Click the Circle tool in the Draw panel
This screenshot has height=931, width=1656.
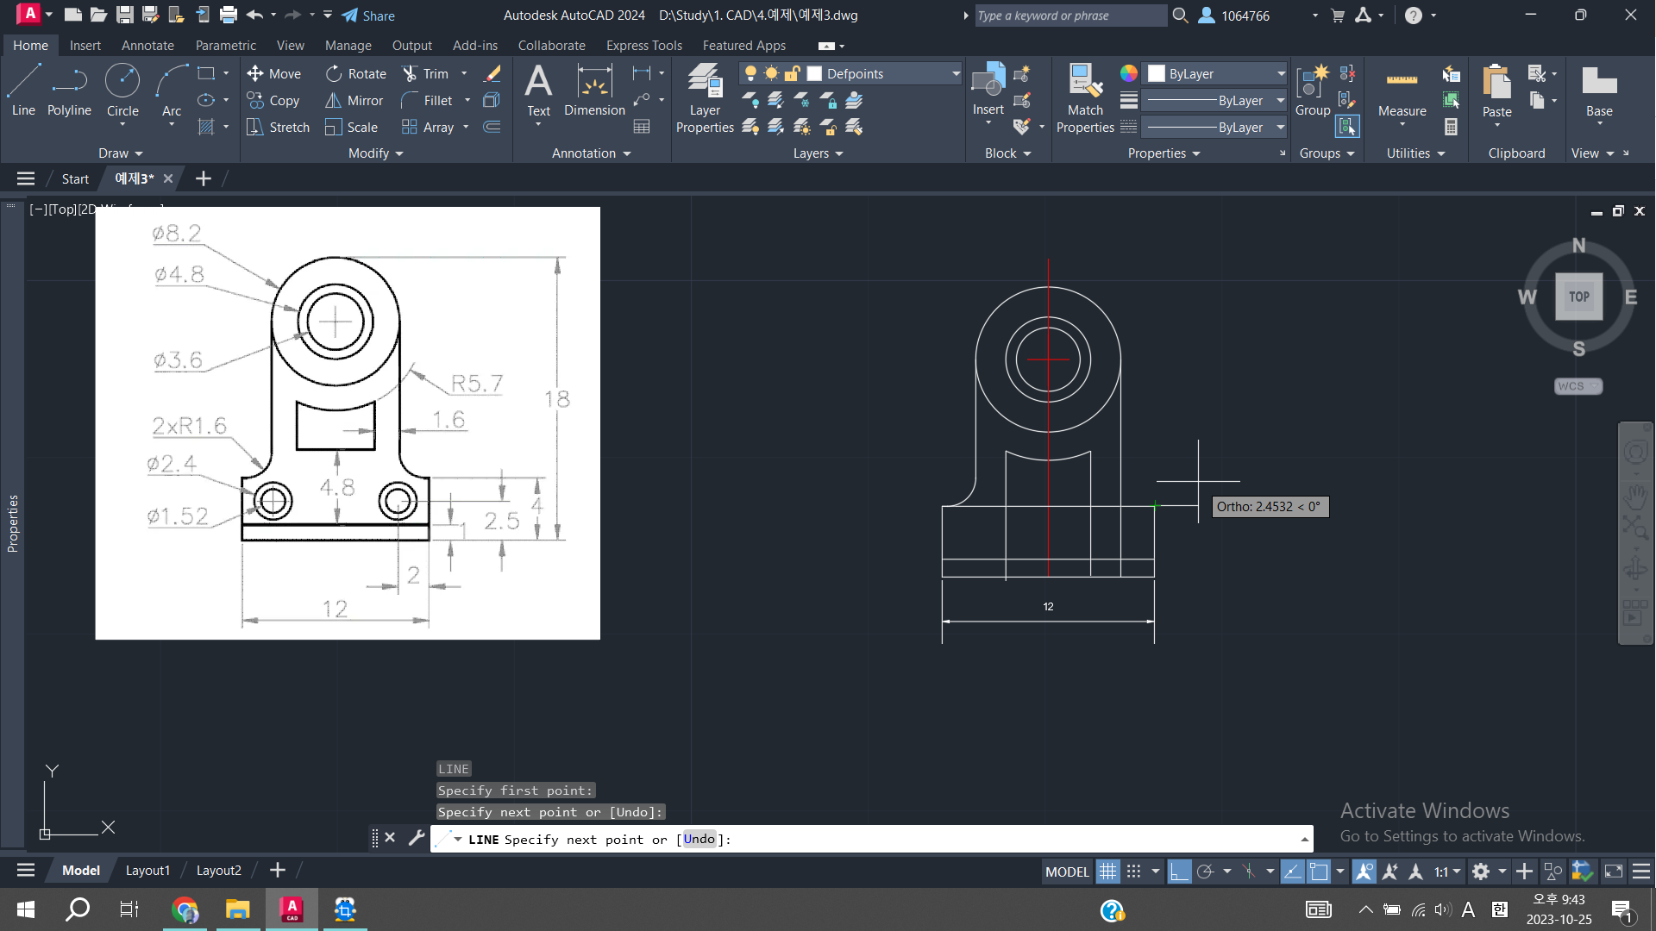coord(122,91)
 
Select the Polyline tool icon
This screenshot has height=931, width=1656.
coord(69,82)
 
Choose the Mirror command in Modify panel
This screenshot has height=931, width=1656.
coord(354,101)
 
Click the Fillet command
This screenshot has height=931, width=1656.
coord(427,101)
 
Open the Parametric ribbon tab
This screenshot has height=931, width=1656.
coord(225,46)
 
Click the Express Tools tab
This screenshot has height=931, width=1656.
coord(643,46)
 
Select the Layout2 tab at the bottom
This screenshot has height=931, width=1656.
coord(218,871)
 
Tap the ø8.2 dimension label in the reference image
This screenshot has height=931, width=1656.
coord(176,233)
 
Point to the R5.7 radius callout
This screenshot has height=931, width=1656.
coord(477,383)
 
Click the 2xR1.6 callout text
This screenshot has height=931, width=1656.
coord(189,425)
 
